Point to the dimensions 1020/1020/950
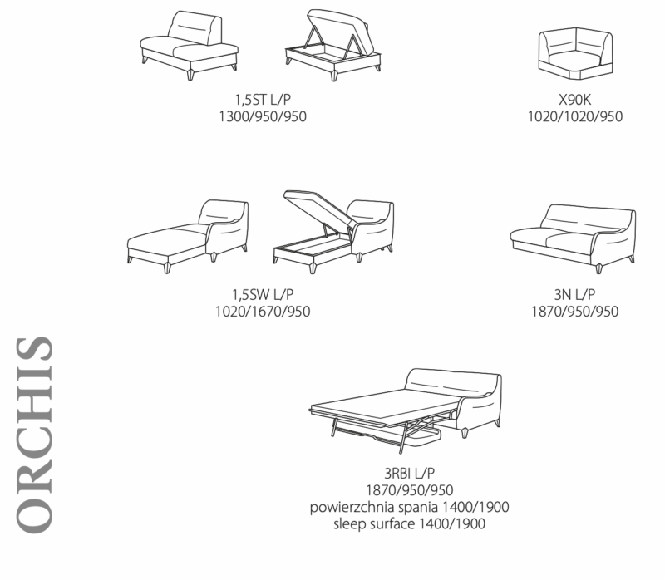coord(574,116)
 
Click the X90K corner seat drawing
coord(574,52)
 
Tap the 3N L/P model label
coord(574,296)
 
